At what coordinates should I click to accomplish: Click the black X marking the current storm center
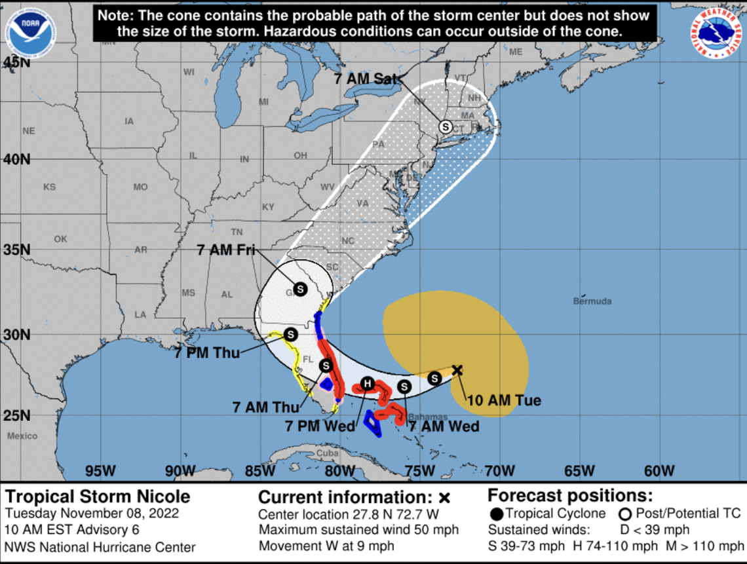(457, 370)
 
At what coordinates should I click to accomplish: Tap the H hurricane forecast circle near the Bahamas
(368, 383)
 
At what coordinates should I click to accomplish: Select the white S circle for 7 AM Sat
(445, 126)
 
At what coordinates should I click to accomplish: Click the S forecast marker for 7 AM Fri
(299, 288)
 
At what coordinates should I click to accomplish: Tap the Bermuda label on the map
(592, 301)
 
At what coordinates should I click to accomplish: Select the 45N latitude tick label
(16, 62)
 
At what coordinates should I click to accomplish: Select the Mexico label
(22, 436)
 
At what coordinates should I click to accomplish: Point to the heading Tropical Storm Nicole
(98, 496)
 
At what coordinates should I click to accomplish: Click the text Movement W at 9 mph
(326, 546)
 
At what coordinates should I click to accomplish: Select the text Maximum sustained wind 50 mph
(358, 530)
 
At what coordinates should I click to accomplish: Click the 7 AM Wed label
(444, 426)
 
